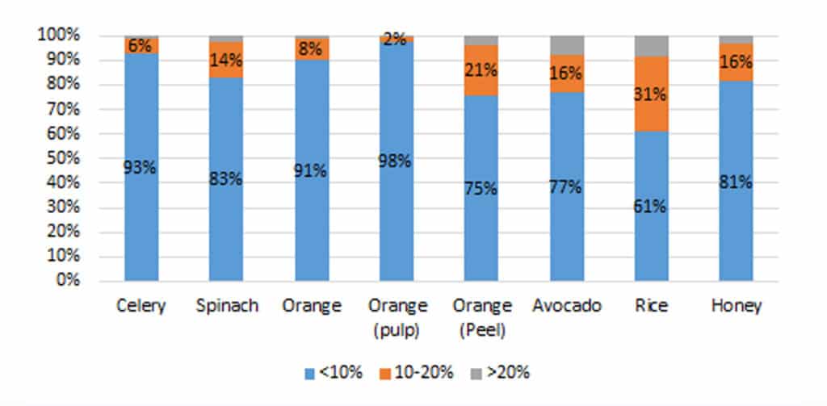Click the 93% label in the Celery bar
[x=141, y=168]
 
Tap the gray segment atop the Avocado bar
[x=566, y=44]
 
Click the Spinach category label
[x=226, y=307]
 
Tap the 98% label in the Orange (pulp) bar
[x=397, y=161]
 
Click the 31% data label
[x=651, y=94]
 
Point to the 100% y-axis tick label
[x=57, y=36]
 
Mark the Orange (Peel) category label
[x=481, y=316]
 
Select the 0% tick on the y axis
[x=65, y=281]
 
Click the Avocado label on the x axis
[x=566, y=307]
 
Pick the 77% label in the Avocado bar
[x=566, y=187]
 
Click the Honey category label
[x=736, y=307]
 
